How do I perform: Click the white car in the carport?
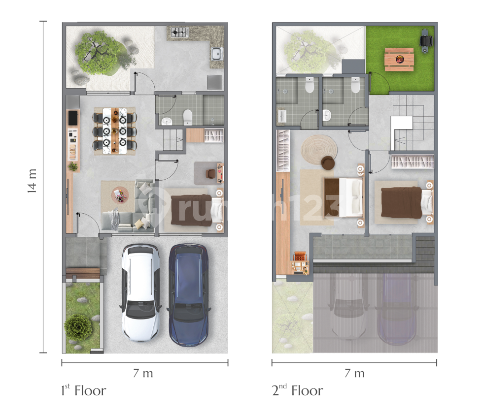click(x=140, y=292)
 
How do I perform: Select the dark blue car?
click(x=188, y=295)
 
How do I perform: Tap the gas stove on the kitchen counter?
click(x=179, y=32)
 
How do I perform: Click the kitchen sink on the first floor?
click(x=217, y=54)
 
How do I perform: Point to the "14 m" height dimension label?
click(x=32, y=181)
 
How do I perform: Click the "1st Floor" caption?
click(x=83, y=390)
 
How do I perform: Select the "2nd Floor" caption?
click(x=297, y=390)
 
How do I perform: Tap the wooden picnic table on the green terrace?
click(x=399, y=60)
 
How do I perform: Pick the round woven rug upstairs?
click(x=319, y=150)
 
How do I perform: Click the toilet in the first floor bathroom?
click(x=188, y=117)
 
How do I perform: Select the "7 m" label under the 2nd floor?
click(x=354, y=373)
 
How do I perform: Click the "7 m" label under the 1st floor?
click(x=143, y=373)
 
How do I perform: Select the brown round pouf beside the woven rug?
click(x=328, y=163)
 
